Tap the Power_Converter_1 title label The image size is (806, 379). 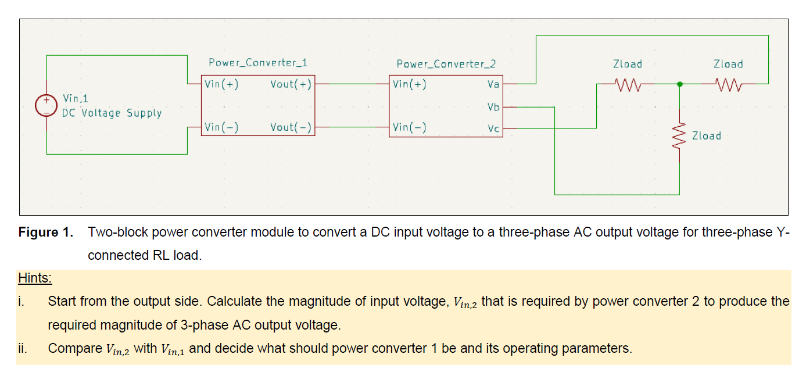coord(258,63)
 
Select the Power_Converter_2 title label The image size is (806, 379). coord(446,64)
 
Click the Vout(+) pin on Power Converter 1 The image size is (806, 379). coord(291,84)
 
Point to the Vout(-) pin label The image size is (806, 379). coord(291,127)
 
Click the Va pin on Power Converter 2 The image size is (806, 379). coord(493,84)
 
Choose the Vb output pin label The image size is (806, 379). coord(493,107)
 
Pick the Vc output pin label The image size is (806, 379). coord(493,128)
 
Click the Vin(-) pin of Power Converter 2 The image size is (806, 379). coord(409,127)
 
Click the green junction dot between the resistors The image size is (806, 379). coord(680,84)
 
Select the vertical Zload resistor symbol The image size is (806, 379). coord(680,135)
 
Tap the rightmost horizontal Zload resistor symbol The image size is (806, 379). coord(728,85)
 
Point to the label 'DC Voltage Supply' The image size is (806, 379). coord(112,113)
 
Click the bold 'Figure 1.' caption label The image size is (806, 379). coord(46,233)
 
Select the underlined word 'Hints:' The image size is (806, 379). coord(35,278)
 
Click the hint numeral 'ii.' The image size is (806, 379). coord(23,349)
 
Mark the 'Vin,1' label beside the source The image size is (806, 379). coord(76,99)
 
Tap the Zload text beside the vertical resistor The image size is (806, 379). coord(706,136)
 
